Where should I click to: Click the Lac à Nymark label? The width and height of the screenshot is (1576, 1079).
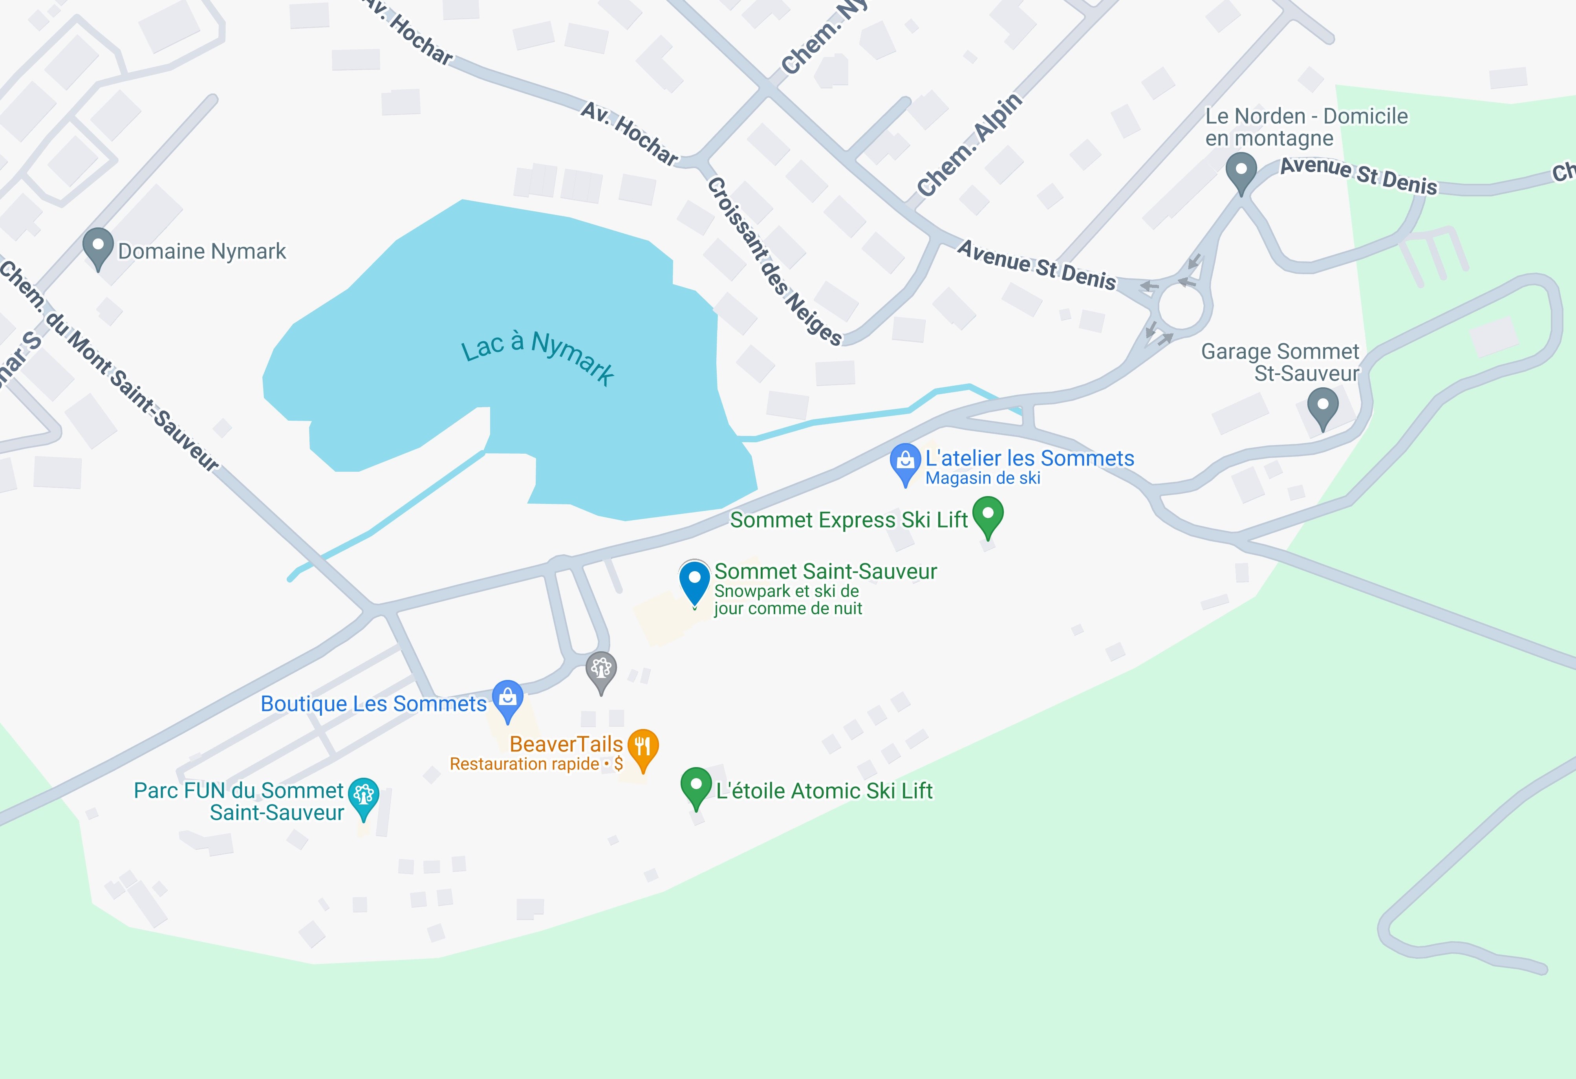(x=538, y=355)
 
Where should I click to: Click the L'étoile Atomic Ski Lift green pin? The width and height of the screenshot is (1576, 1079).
(x=696, y=785)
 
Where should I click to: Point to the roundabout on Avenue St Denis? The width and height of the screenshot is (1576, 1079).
(x=1181, y=306)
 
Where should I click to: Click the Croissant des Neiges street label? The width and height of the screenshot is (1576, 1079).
(x=774, y=262)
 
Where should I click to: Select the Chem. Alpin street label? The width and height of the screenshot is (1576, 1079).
(x=969, y=145)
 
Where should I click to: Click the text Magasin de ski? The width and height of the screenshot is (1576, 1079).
(x=983, y=478)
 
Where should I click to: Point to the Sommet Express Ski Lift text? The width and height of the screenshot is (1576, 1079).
(x=848, y=520)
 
